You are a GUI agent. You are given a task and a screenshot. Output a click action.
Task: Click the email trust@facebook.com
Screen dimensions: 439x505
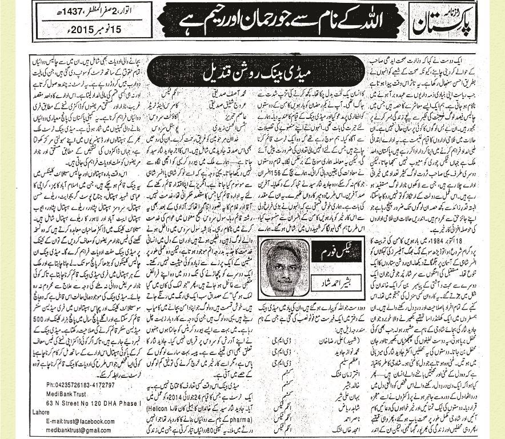[x=77, y=413]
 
